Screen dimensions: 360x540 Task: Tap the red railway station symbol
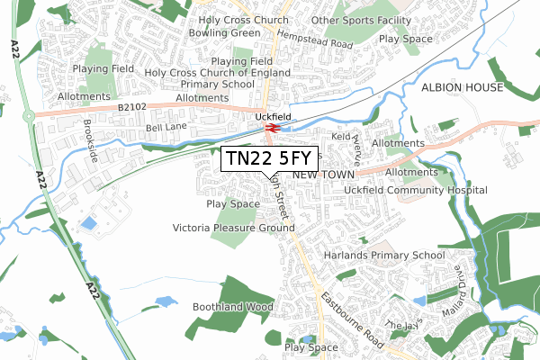click(270, 129)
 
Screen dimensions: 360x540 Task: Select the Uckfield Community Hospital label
click(416, 191)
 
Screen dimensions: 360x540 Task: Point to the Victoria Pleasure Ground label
click(234, 229)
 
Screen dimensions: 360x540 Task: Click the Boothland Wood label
click(232, 307)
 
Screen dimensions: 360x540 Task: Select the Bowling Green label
click(224, 33)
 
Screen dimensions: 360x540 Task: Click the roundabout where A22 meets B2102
click(29, 114)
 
